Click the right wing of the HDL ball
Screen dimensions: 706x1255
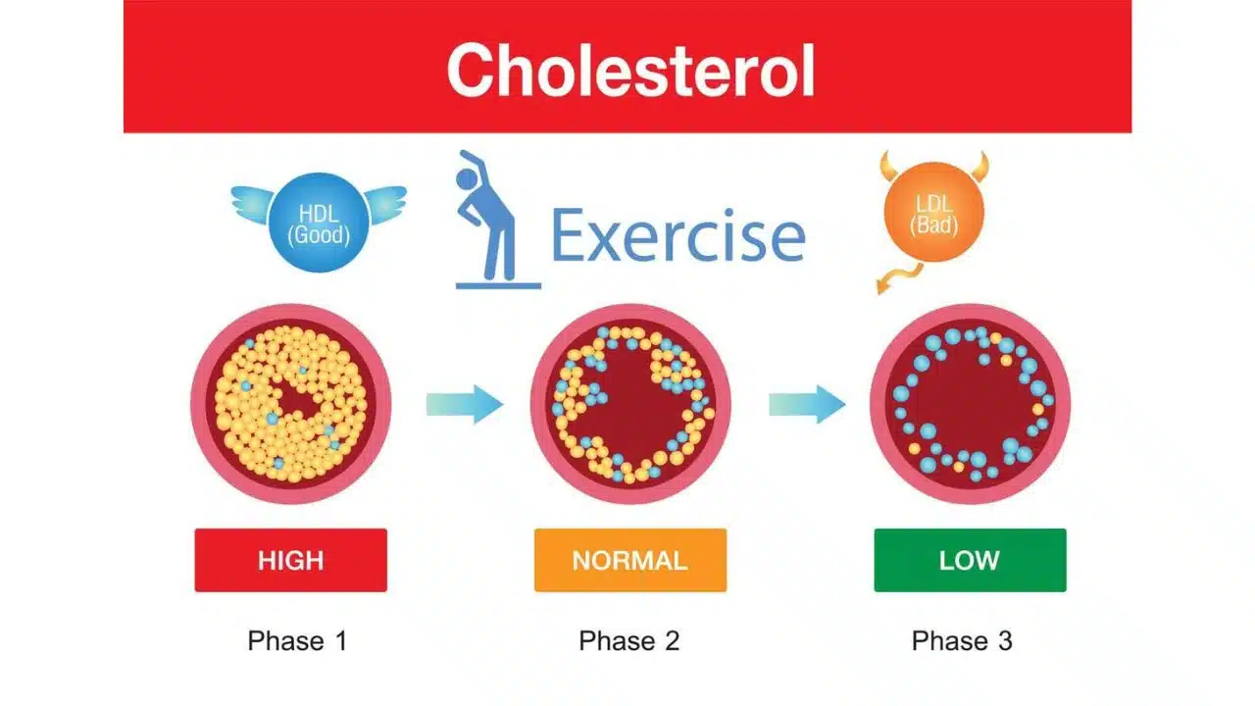tap(383, 202)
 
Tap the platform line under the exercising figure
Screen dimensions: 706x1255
tap(498, 285)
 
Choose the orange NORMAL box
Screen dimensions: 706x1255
tap(629, 561)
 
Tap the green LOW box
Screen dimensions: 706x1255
tap(970, 561)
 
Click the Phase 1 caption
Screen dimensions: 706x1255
tap(297, 641)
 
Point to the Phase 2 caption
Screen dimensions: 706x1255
tap(628, 641)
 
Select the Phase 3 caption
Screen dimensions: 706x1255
tap(962, 641)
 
